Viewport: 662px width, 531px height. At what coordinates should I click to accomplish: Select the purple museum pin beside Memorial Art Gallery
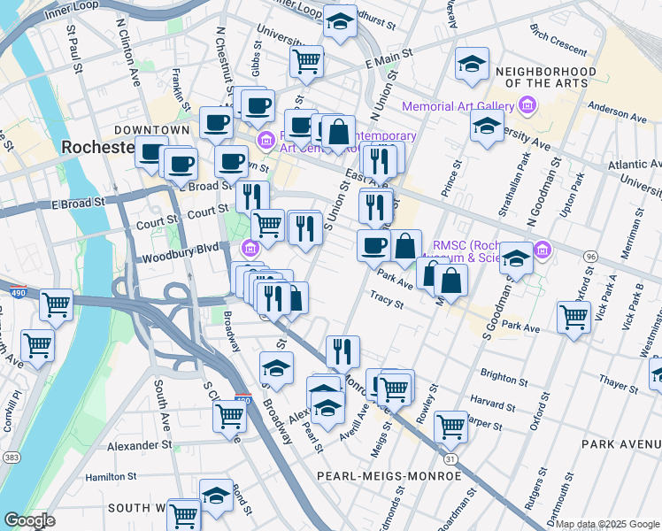coord(527,106)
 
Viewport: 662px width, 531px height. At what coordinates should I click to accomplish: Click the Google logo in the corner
coord(30,520)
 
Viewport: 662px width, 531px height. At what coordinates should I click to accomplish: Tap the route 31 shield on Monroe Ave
coord(450,458)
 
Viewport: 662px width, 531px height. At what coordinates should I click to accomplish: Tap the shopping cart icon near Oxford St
coord(573,316)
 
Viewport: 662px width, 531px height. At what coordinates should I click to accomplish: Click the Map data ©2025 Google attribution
coord(607,524)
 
